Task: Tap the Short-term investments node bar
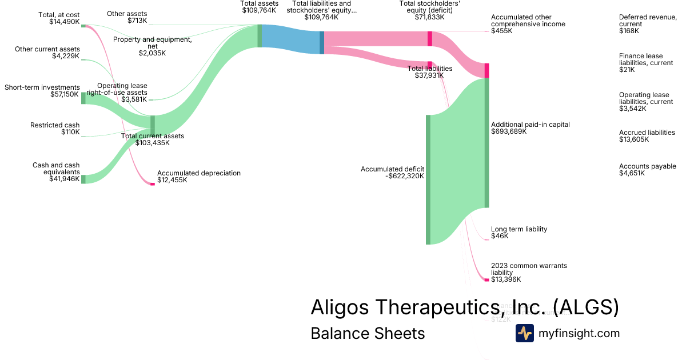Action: [x=83, y=98]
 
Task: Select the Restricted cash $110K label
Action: [x=55, y=129]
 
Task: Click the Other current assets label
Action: [x=47, y=53]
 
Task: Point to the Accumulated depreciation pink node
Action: [x=153, y=184]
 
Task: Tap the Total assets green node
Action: [x=260, y=35]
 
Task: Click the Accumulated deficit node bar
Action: [x=428, y=179]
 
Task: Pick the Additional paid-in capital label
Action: [x=530, y=127]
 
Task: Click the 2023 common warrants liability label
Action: [x=529, y=273]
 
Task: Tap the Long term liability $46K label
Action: [x=519, y=233]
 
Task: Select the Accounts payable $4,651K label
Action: [x=648, y=170]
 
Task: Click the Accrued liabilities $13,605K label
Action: [x=647, y=136]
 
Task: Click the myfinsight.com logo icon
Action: [x=524, y=333]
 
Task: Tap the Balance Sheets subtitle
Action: [x=368, y=333]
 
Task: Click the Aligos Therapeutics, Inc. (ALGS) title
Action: [x=464, y=307]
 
